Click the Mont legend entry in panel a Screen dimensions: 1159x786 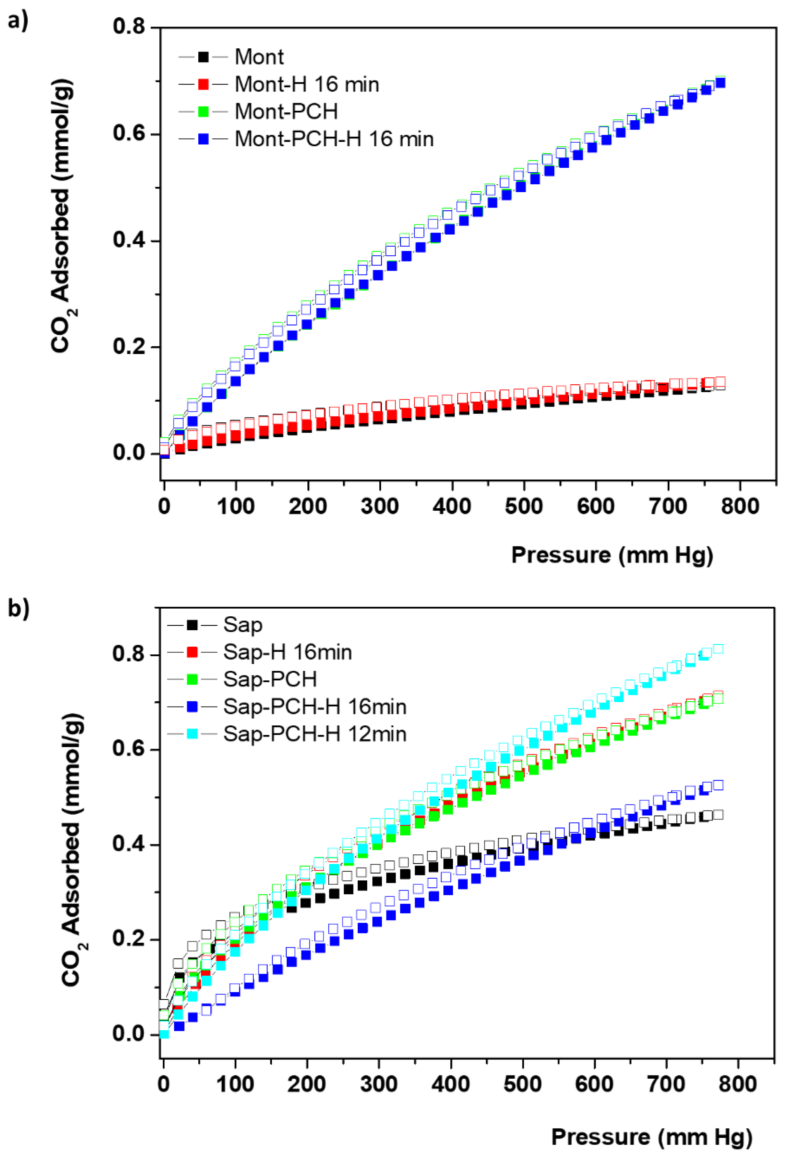259,57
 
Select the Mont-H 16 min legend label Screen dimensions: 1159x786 306,84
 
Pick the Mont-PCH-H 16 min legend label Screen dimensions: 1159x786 334,139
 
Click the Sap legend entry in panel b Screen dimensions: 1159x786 242,625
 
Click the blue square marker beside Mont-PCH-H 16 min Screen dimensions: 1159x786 203,139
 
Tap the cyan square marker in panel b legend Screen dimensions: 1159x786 192,734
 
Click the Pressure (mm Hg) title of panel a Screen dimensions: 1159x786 612,555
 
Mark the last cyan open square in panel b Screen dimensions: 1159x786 718,649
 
